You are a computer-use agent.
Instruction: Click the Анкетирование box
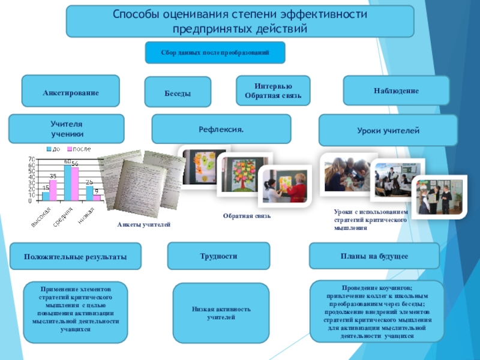71,91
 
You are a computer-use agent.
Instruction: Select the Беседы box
178,93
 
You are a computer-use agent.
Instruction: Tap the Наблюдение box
396,91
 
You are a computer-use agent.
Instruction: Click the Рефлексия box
221,129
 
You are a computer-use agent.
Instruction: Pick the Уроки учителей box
388,130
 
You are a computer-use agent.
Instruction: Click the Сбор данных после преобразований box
215,53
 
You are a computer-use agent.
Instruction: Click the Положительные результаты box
76,257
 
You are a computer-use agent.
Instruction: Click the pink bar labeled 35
53,190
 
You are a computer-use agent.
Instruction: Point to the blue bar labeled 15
46,196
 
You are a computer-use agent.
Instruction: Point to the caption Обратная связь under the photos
247,215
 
